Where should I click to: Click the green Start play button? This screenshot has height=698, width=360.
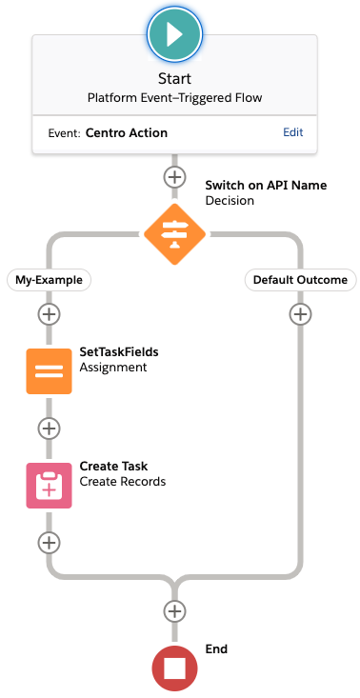[175, 34]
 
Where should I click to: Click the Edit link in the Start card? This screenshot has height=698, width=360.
[293, 132]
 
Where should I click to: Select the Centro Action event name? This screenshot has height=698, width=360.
[127, 132]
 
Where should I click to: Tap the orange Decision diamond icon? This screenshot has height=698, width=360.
[175, 234]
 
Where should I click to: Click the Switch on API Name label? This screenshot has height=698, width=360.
[266, 185]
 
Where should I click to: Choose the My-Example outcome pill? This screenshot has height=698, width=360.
[49, 280]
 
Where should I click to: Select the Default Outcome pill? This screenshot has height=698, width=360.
[300, 280]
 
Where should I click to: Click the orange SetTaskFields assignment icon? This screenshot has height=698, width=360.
[49, 371]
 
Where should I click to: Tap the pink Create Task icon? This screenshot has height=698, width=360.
[49, 486]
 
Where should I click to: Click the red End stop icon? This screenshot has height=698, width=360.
[175, 668]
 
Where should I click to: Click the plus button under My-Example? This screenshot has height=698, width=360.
[49, 314]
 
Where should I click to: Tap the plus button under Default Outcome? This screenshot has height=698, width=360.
[300, 314]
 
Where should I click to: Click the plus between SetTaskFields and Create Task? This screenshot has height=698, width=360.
[49, 429]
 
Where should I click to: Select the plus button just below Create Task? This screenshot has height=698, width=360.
[49, 543]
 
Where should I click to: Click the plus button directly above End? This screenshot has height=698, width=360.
[175, 611]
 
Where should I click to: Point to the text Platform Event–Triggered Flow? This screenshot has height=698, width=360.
[175, 98]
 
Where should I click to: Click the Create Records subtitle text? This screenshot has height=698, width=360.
[122, 482]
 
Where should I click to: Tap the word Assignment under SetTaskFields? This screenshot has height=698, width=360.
[113, 368]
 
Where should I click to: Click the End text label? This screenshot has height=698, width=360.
[216, 649]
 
